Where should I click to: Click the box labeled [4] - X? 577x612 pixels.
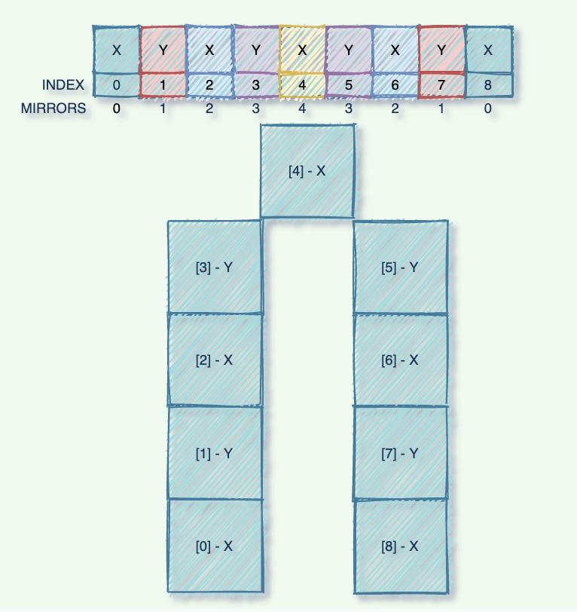[307, 171]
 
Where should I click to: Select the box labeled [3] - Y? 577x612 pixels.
[215, 267]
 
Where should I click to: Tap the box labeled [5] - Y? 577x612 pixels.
[401, 267]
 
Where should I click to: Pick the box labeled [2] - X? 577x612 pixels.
[215, 360]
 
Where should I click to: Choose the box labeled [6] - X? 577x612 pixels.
[401, 360]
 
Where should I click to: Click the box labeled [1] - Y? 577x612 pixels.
[215, 453]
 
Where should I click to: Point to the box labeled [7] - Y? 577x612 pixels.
[401, 453]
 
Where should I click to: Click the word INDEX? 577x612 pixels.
[63, 85]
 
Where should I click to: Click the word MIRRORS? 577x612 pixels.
[53, 109]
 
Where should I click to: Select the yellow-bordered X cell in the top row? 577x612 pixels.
[302, 50]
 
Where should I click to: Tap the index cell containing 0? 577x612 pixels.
[117, 85]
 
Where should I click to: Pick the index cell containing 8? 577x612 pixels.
[488, 85]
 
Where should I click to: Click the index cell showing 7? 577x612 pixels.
[441, 85]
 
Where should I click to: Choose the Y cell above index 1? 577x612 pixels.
[163, 50]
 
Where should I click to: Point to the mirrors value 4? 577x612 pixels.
[302, 109]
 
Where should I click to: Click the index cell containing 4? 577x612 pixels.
[302, 85]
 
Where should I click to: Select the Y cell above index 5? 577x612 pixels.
[349, 50]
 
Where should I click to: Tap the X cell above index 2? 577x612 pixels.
[209, 50]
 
